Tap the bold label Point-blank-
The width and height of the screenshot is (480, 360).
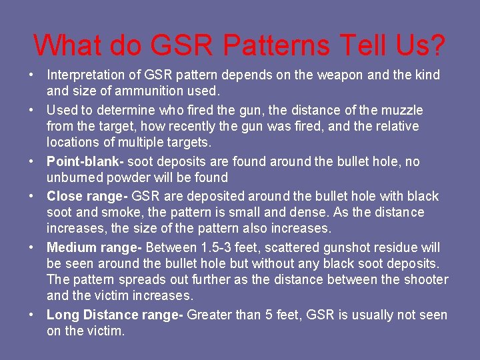click(85, 161)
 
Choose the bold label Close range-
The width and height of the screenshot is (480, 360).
click(87, 196)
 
